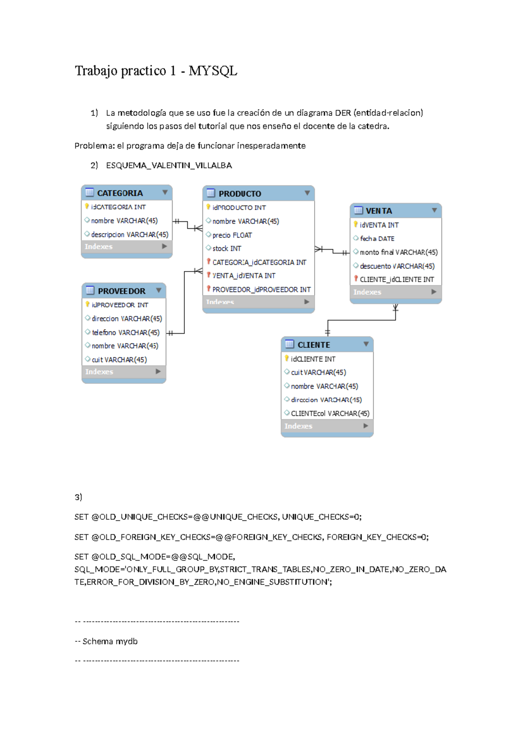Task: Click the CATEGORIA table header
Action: [120, 193]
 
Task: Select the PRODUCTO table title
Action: [240, 193]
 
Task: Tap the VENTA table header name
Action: [379, 211]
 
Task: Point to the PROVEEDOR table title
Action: [122, 291]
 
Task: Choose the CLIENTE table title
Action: [314, 345]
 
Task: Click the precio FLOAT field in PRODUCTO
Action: [232, 235]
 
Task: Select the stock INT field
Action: [227, 248]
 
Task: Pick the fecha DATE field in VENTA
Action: [377, 239]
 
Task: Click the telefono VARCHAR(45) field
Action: [126, 332]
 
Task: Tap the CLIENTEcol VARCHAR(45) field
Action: [330, 414]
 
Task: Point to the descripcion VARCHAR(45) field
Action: [129, 234]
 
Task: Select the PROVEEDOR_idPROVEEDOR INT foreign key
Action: [261, 290]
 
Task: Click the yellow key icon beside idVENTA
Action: [356, 224]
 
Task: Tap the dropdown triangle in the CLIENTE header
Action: [366, 344]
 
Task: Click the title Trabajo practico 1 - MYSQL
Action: [156, 71]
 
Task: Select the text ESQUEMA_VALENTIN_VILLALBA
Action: [169, 166]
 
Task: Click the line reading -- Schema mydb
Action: [106, 641]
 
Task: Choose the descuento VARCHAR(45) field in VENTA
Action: [397, 266]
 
